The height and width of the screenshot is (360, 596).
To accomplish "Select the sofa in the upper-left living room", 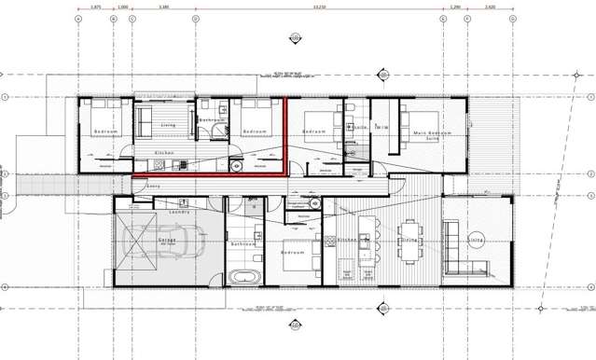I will point(146,121).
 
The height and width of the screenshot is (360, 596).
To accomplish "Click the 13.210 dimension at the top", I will point(319,7).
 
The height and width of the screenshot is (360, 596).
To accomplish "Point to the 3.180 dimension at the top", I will point(163,7).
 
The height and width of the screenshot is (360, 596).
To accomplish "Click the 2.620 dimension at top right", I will point(490,7).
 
